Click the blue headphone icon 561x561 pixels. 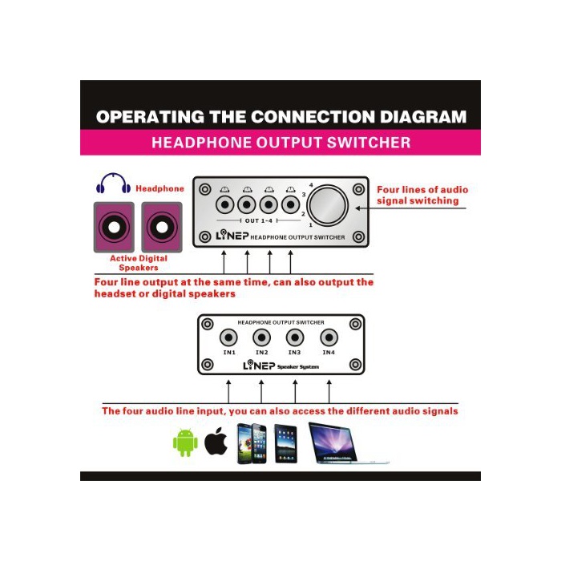pos(114,184)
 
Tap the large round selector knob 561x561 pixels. pos(328,205)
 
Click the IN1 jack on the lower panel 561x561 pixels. pos(228,337)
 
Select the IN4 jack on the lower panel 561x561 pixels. pos(329,337)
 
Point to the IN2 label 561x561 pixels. pos(262,353)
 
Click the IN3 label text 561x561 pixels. pos(294,353)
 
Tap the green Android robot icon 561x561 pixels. pos(185,442)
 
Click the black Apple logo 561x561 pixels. pos(216,441)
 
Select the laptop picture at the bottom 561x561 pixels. pos(349,444)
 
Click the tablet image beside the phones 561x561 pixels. pos(285,444)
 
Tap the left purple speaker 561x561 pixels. pos(114,227)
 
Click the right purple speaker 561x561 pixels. pos(162,227)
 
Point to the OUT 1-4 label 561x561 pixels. pos(259,220)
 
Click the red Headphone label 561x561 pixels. pos(160,188)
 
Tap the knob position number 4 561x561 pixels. pos(311,185)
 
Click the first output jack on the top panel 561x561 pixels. pos(225,205)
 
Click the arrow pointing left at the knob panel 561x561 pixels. pos(410,208)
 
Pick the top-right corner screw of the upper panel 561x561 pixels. pos(358,189)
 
